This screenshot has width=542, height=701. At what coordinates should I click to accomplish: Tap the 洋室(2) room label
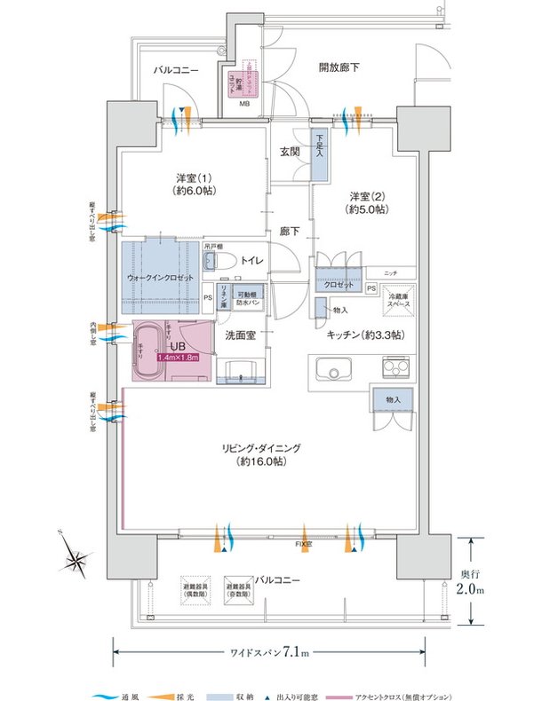click(366, 201)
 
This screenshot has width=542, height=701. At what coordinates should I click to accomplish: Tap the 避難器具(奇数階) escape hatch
click(241, 587)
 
